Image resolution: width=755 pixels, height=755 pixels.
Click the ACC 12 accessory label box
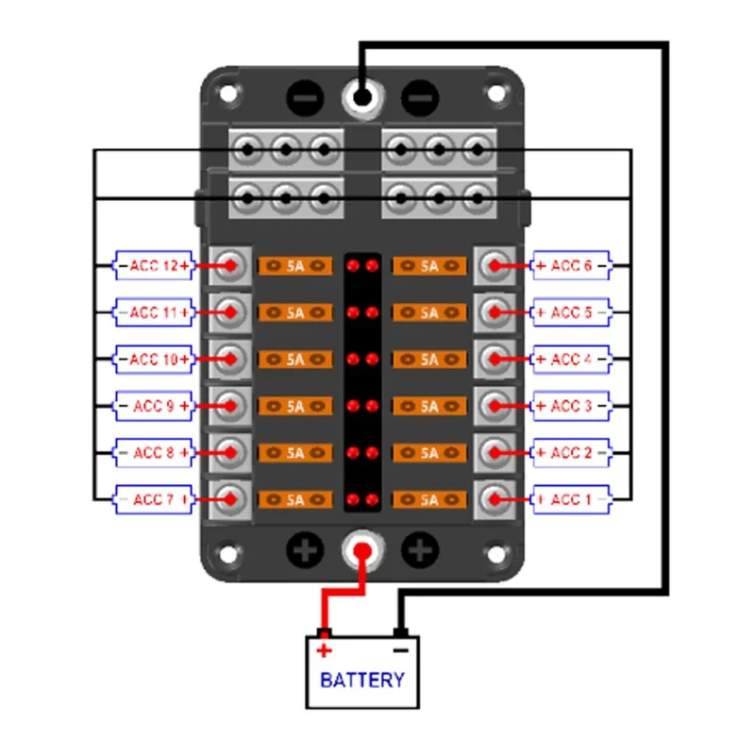point(154,265)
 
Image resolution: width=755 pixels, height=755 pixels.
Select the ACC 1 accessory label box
point(571,499)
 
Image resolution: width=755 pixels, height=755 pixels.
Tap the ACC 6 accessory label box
point(571,265)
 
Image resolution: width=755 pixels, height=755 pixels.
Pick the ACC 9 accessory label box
point(154,406)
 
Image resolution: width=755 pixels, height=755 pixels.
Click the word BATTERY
point(362,679)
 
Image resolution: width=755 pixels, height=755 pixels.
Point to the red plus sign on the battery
point(324,650)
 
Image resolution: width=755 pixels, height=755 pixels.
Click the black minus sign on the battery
point(400,651)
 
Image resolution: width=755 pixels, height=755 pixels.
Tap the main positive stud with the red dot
point(362,551)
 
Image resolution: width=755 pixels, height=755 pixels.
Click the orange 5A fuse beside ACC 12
point(295,266)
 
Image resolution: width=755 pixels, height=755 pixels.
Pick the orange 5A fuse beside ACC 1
point(429,500)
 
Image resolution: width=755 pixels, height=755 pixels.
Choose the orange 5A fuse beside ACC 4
point(429,360)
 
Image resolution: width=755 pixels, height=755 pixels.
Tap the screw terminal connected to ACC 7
point(230,500)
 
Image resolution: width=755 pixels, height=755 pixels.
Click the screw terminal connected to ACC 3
point(495,406)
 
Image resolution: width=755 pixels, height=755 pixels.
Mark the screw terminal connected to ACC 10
point(230,360)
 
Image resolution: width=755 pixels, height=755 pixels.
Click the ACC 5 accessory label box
point(571,312)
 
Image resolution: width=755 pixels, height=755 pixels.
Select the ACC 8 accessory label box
point(154,453)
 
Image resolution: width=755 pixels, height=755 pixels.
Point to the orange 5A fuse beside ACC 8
point(295,453)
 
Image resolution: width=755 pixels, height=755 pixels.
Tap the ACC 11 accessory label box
point(154,312)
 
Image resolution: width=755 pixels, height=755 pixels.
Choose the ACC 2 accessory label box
point(571,453)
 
